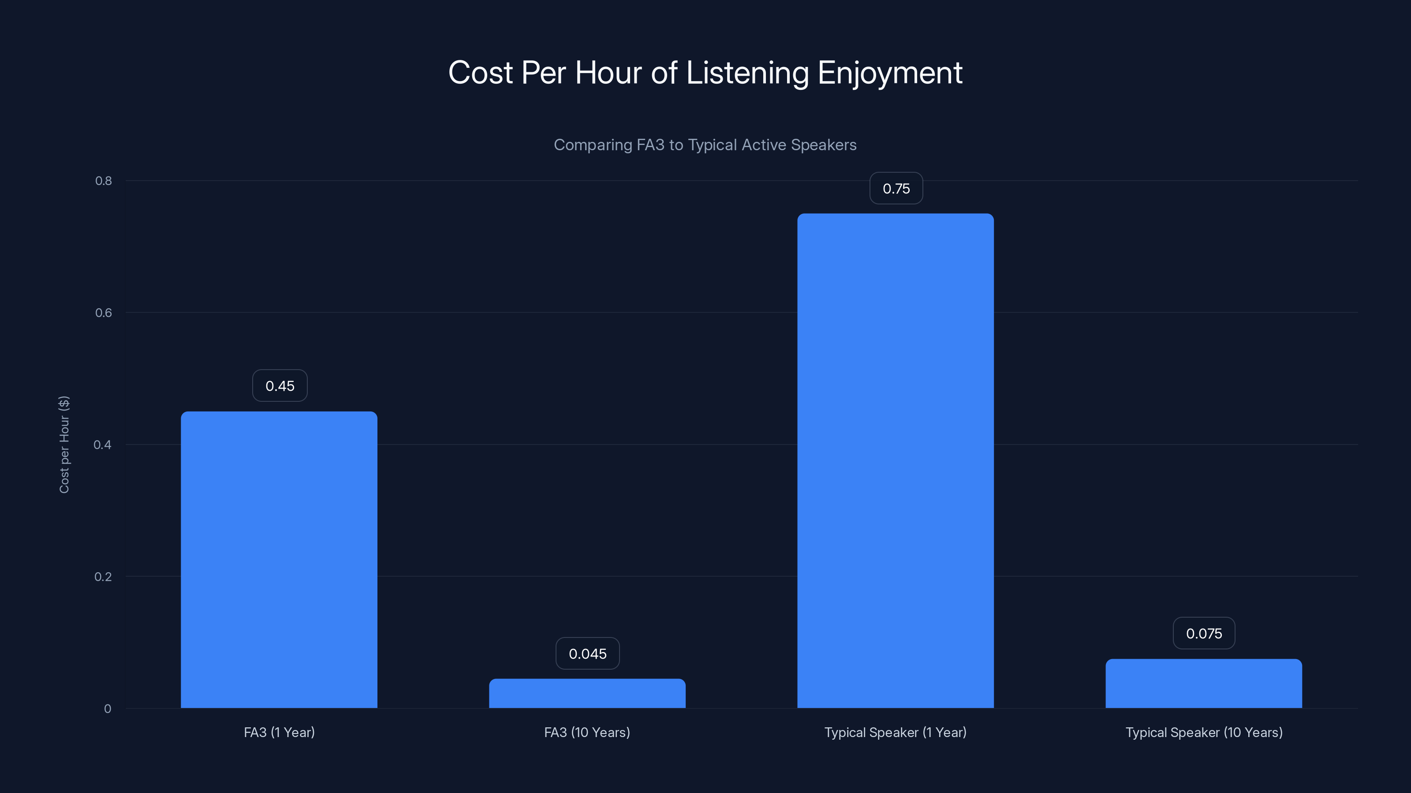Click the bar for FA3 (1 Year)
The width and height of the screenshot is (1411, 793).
[x=279, y=560]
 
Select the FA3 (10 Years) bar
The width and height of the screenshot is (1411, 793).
[x=587, y=693]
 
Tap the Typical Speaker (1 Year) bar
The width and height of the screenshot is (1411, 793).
[x=895, y=460]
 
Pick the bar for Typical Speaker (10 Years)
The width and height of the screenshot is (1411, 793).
[x=1203, y=684]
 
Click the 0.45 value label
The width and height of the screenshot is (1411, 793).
[x=280, y=386]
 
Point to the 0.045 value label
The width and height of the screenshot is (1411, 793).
[x=587, y=653]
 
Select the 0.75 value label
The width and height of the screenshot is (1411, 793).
[x=896, y=188]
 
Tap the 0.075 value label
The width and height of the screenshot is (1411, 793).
[x=1203, y=633]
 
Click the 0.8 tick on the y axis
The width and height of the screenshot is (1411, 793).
[x=104, y=181]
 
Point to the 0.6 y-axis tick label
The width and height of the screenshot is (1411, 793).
[x=104, y=312]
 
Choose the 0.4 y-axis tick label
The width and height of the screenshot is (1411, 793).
[x=102, y=445]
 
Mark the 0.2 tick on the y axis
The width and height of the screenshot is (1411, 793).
[x=103, y=576]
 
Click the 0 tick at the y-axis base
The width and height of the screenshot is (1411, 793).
[x=107, y=709]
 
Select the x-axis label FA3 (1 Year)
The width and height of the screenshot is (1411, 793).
[x=279, y=732]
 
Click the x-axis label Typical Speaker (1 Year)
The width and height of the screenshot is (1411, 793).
[x=895, y=732]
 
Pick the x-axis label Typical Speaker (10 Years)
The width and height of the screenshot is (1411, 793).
[x=1204, y=732]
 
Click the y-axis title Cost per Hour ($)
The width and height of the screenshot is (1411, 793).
[x=64, y=445]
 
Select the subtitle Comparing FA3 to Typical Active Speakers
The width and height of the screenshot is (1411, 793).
[x=705, y=145]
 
